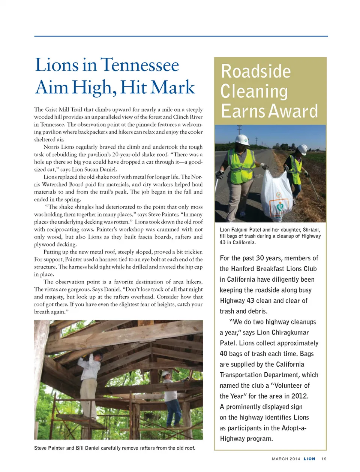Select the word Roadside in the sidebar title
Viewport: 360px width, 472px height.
tap(256, 72)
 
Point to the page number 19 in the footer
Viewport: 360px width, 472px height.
tap(324, 459)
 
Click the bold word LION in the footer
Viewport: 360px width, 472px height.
tap(309, 459)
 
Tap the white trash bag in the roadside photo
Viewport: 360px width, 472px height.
tap(276, 194)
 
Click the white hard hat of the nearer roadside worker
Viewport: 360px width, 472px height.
tap(242, 140)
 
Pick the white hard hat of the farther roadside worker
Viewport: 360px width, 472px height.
tap(302, 149)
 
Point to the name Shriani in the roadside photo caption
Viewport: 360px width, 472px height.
tap(311, 230)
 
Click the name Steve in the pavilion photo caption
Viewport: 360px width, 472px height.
tap(40, 448)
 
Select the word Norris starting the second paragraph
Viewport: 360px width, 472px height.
tap(52, 147)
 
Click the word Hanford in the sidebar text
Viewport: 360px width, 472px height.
tap(243, 269)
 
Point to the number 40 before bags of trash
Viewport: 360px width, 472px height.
tap(223, 354)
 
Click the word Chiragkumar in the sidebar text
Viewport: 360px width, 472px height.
tap(290, 332)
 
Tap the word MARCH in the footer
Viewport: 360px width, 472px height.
tap(280, 459)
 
